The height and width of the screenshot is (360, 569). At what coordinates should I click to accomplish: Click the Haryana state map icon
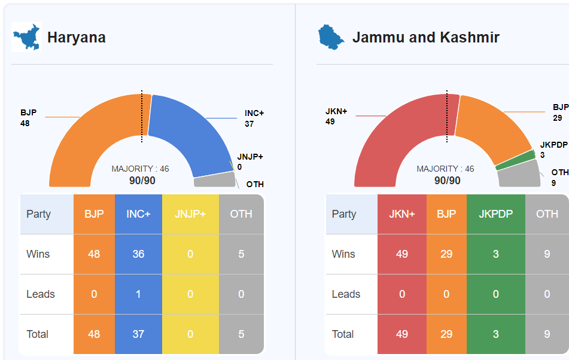[x=26, y=38]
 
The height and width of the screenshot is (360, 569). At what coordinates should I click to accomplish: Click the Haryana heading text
[x=77, y=38]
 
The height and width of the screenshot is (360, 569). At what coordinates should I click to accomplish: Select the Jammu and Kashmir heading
[x=425, y=38]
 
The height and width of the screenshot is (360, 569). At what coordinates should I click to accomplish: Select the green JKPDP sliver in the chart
[x=516, y=159]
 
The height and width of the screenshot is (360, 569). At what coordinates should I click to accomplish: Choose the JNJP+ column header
[x=190, y=214]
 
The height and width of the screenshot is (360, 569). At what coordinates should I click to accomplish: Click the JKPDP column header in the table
[x=495, y=214]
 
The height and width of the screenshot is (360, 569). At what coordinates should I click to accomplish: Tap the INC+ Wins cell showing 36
[x=138, y=254]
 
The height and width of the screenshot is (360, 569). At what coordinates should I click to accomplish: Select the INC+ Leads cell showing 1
[x=138, y=294]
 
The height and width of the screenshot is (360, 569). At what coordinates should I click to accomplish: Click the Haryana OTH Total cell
[x=241, y=334]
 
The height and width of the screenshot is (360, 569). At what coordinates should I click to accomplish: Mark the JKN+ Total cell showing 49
[x=402, y=334]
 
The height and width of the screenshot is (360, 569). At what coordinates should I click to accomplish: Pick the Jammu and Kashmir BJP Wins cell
[x=446, y=254]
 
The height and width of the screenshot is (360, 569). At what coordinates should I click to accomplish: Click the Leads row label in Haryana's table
[x=41, y=294]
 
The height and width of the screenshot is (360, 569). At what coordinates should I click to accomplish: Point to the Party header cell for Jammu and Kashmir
[x=344, y=214]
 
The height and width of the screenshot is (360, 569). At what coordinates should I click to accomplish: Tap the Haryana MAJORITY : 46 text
[x=140, y=169]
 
